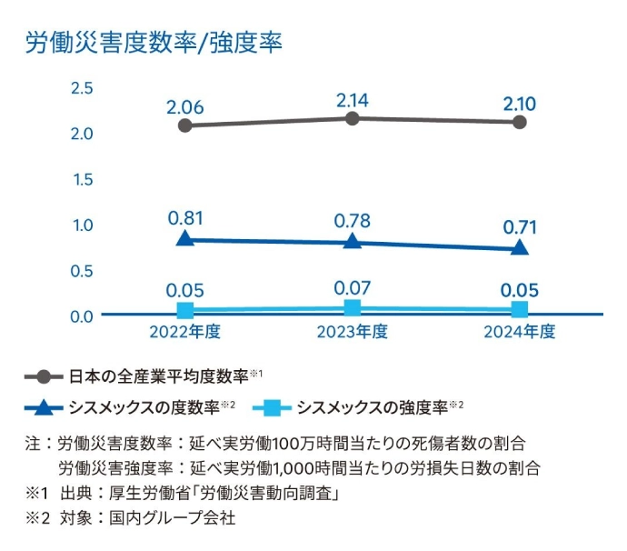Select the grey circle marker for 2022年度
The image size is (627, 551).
tap(185, 125)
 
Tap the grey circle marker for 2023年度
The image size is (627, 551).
tap(353, 118)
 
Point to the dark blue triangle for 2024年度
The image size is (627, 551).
tap(520, 247)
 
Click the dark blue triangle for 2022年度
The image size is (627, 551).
tap(185, 238)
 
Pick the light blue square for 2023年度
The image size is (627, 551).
tap(353, 308)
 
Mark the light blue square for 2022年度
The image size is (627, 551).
tap(185, 311)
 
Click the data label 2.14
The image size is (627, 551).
tap(353, 97)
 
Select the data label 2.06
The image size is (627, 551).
tap(185, 105)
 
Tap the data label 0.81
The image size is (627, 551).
tap(185, 218)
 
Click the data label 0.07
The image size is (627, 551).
tap(353, 288)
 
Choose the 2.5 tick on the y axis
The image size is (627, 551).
tap(82, 88)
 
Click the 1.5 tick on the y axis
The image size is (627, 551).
tap(82, 179)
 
